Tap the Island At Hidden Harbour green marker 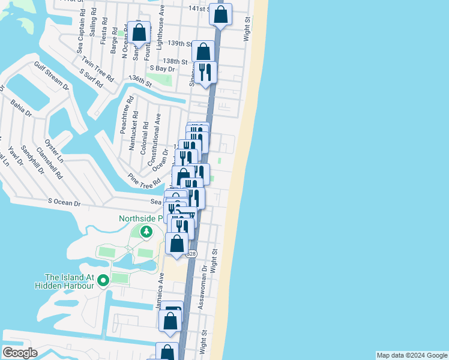click(103, 280)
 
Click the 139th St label click(179, 44)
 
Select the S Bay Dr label click(161, 69)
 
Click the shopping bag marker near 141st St click(221, 14)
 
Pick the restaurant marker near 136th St click(205, 73)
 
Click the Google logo click(20, 353)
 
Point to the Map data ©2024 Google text click(411, 355)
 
